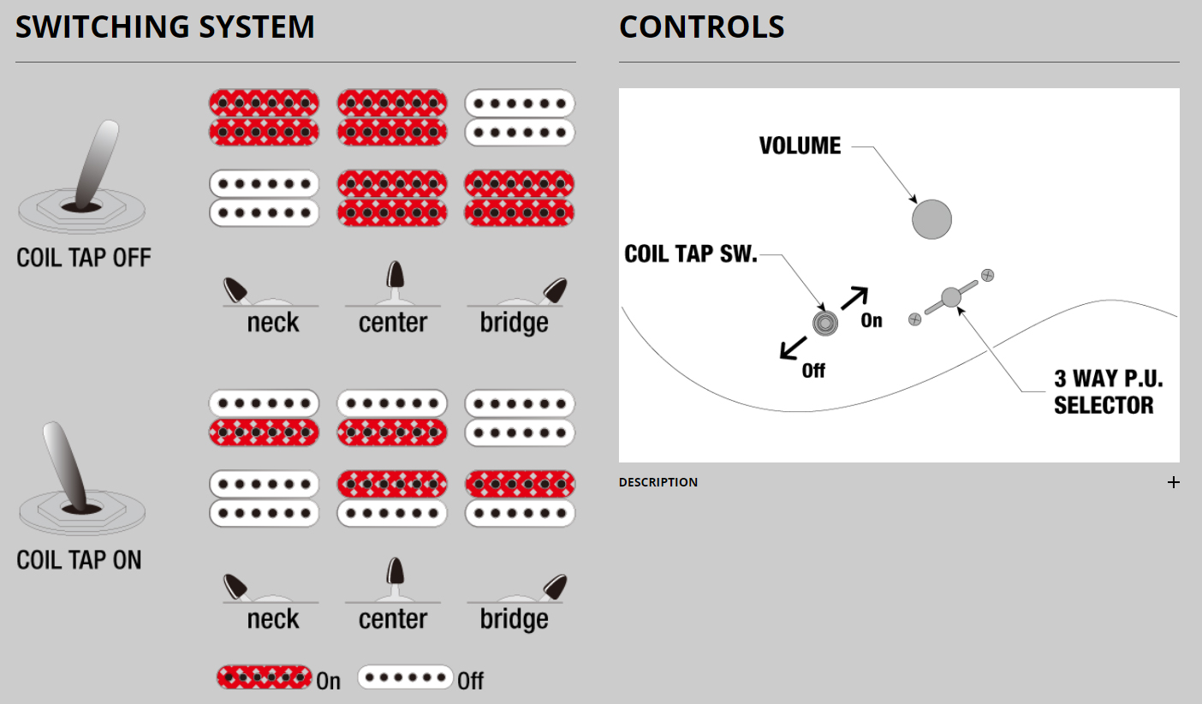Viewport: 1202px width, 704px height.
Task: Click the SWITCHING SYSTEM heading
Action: (x=165, y=27)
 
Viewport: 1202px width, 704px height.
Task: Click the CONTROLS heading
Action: (x=701, y=27)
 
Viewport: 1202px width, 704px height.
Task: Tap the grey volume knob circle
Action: (x=931, y=219)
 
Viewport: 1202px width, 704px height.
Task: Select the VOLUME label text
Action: (x=800, y=146)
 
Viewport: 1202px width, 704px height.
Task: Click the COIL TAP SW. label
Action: (x=691, y=254)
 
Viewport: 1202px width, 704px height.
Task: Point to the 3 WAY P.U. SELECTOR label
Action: (x=1108, y=392)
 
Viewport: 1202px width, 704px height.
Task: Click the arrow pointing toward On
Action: (x=854, y=298)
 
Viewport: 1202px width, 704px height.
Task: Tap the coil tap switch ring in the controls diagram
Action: (x=824, y=323)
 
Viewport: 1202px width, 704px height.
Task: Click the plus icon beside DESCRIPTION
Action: (x=1173, y=482)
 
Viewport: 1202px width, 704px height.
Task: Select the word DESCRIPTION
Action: (x=658, y=482)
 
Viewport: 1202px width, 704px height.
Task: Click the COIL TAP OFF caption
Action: (x=84, y=258)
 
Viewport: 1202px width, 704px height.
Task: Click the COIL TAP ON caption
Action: (x=80, y=560)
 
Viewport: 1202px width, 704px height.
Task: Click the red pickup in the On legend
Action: (x=264, y=677)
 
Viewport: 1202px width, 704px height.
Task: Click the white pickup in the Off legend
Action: (x=405, y=677)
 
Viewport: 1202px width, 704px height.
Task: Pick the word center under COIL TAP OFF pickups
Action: (x=393, y=323)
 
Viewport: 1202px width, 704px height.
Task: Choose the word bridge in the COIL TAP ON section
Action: (x=514, y=619)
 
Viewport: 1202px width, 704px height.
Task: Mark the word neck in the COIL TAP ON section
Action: (x=273, y=619)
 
